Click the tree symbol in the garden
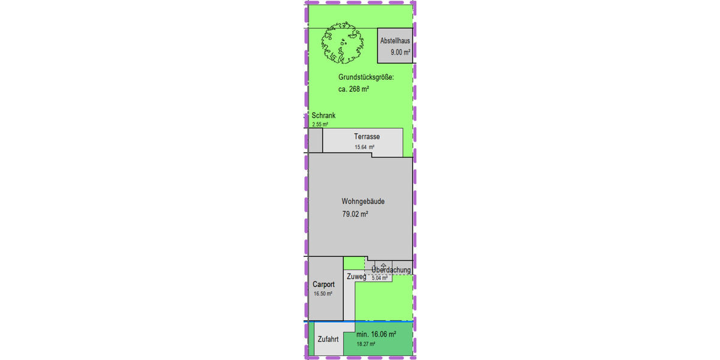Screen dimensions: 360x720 [x=343, y=44]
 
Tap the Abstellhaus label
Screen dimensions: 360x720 [x=395, y=41]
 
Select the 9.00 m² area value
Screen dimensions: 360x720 [x=400, y=53]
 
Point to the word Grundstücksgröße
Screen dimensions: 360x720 [x=366, y=77]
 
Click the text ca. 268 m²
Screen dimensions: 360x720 [x=353, y=89]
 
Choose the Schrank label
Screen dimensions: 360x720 [x=323, y=116]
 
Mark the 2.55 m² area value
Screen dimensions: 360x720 [x=320, y=124]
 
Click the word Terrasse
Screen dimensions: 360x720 [x=367, y=137]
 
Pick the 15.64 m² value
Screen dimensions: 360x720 [x=364, y=146]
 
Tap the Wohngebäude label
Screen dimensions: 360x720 [x=362, y=202]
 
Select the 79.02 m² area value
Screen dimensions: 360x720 [x=355, y=214]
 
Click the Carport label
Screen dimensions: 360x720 [x=323, y=284]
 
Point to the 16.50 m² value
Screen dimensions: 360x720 [x=323, y=294]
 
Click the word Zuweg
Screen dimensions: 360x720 [x=356, y=277]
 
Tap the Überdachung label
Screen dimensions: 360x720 [x=391, y=270]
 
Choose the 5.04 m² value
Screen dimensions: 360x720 [x=380, y=278]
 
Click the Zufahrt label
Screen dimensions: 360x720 [x=328, y=339]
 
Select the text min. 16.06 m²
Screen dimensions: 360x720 [x=376, y=334]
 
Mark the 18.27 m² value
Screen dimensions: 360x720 [x=365, y=344]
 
